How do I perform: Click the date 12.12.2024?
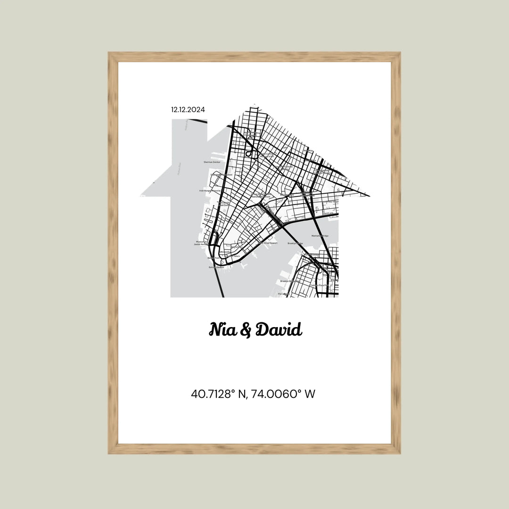point(188,110)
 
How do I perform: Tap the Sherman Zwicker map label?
point(212,162)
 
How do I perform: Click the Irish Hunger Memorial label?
point(207,190)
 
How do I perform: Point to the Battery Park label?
point(213,258)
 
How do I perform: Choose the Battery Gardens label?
point(216,267)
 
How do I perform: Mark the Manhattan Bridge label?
point(320,236)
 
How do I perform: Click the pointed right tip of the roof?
point(368,195)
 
